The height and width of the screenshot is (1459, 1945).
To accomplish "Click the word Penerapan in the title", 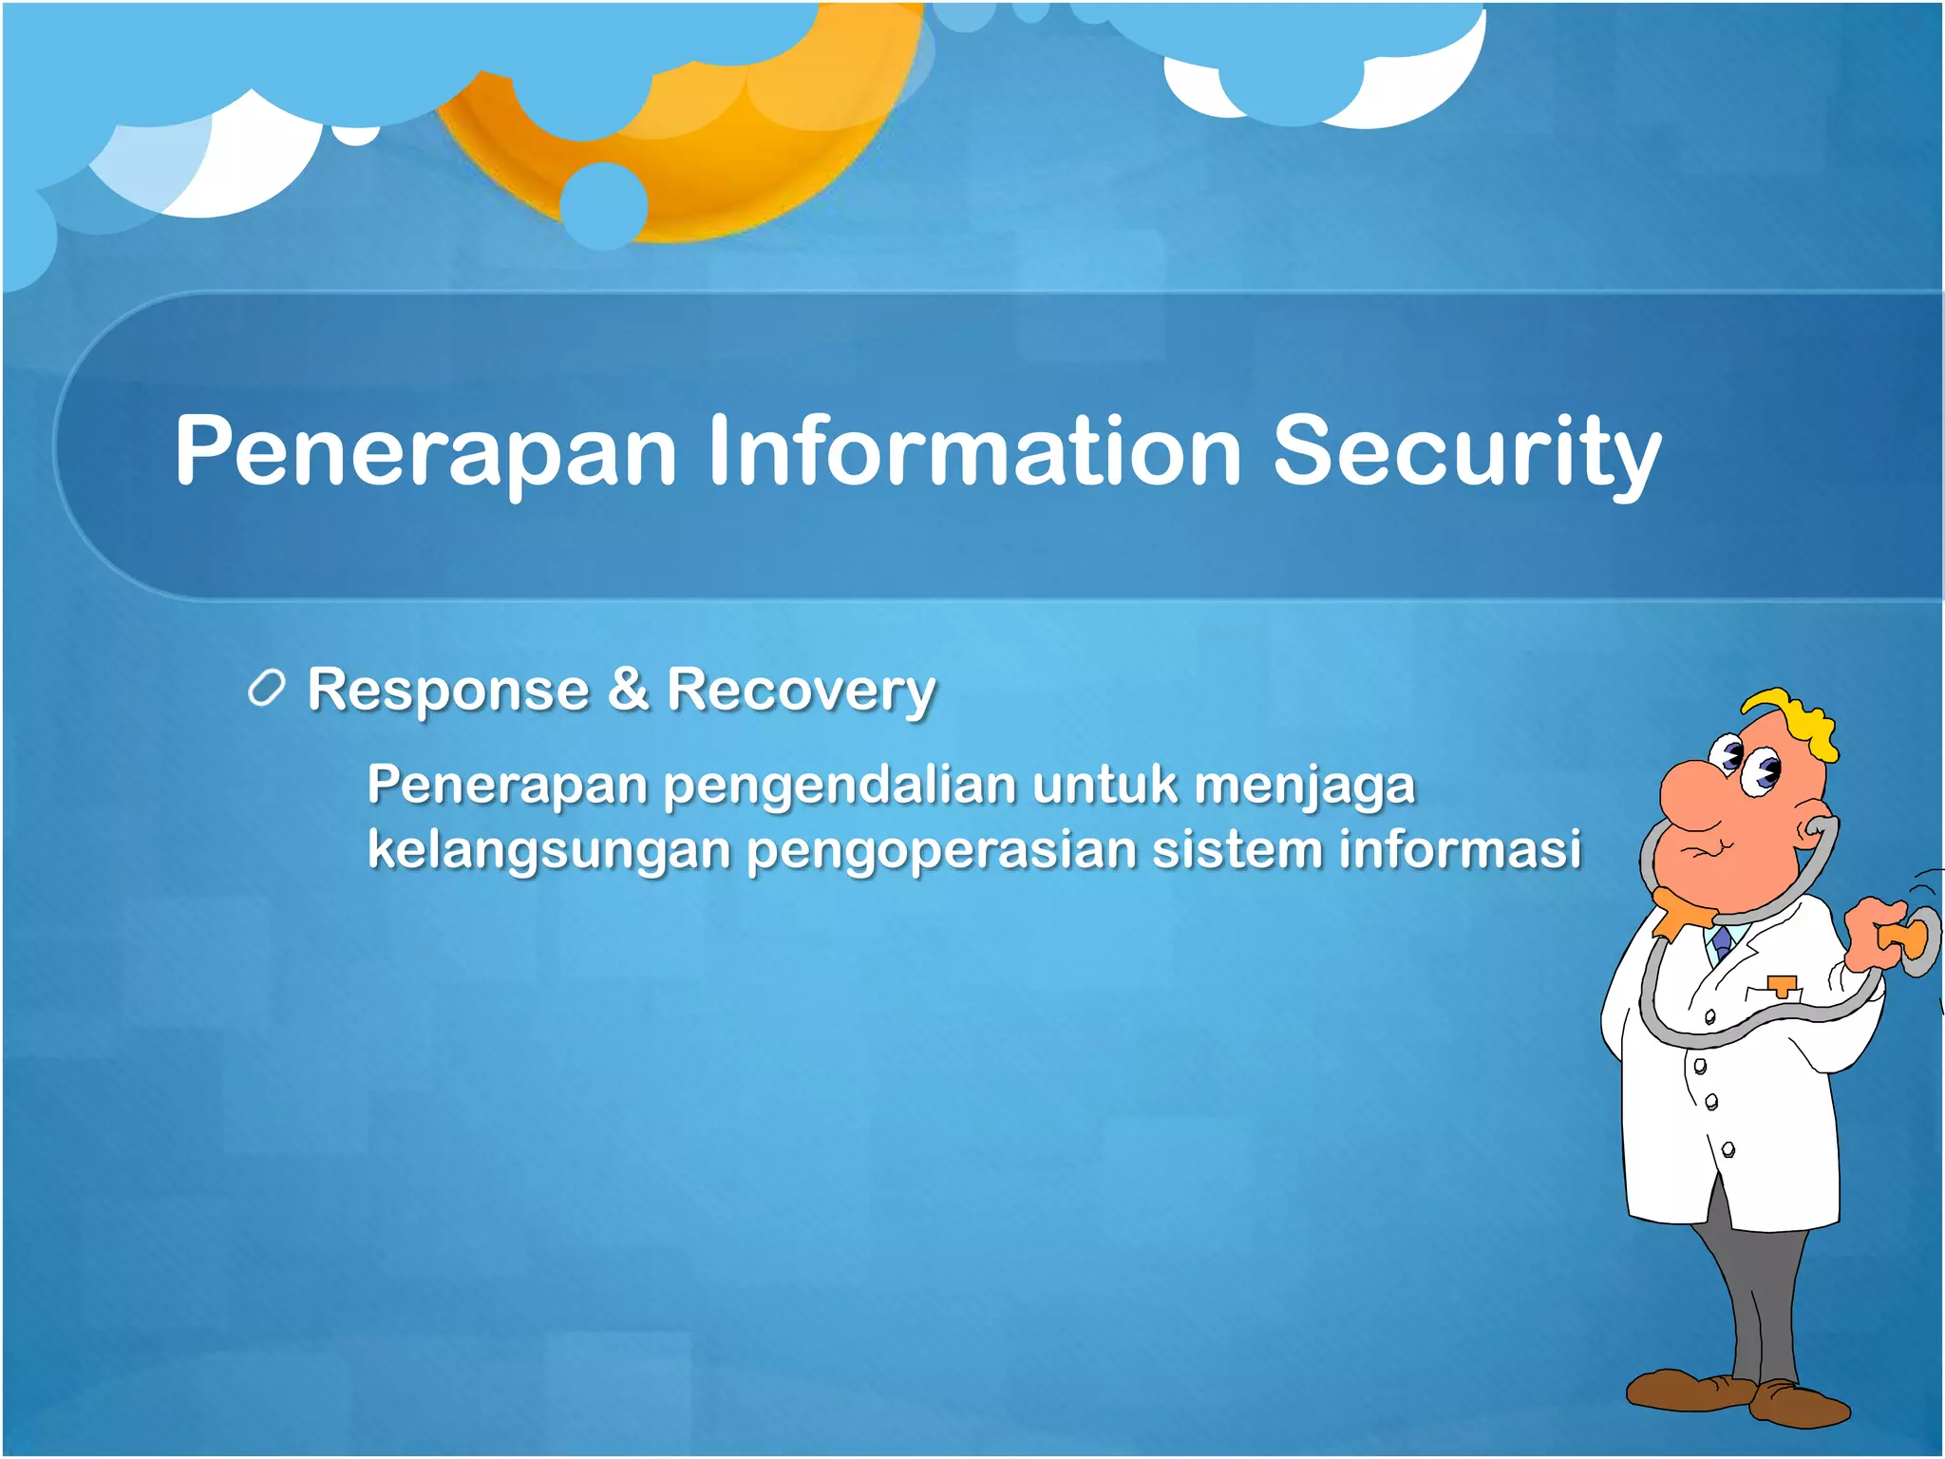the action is click(x=425, y=452).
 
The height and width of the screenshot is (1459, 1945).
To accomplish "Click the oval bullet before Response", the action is click(x=266, y=689).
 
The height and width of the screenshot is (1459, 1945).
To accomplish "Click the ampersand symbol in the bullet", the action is click(x=628, y=689).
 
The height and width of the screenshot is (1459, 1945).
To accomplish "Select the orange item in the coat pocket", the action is click(x=1783, y=984).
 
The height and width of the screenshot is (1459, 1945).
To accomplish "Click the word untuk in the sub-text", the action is click(x=1105, y=786).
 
